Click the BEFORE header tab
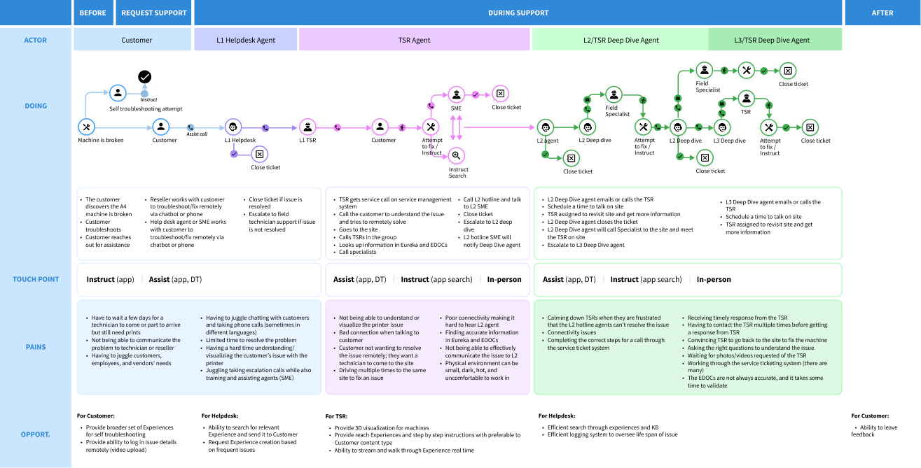click(92, 13)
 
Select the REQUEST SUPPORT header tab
click(154, 13)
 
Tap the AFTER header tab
click(882, 13)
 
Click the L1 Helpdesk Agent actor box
click(245, 40)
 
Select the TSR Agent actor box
click(414, 40)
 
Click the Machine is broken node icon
click(86, 127)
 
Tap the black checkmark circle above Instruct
click(145, 77)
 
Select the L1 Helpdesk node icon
click(234, 127)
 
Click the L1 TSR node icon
click(307, 127)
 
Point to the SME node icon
click(456, 94)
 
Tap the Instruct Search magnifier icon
click(456, 155)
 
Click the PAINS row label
click(36, 347)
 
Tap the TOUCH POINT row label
click(36, 279)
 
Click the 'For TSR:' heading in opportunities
click(336, 416)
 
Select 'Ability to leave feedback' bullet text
click(874, 431)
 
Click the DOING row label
click(36, 106)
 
